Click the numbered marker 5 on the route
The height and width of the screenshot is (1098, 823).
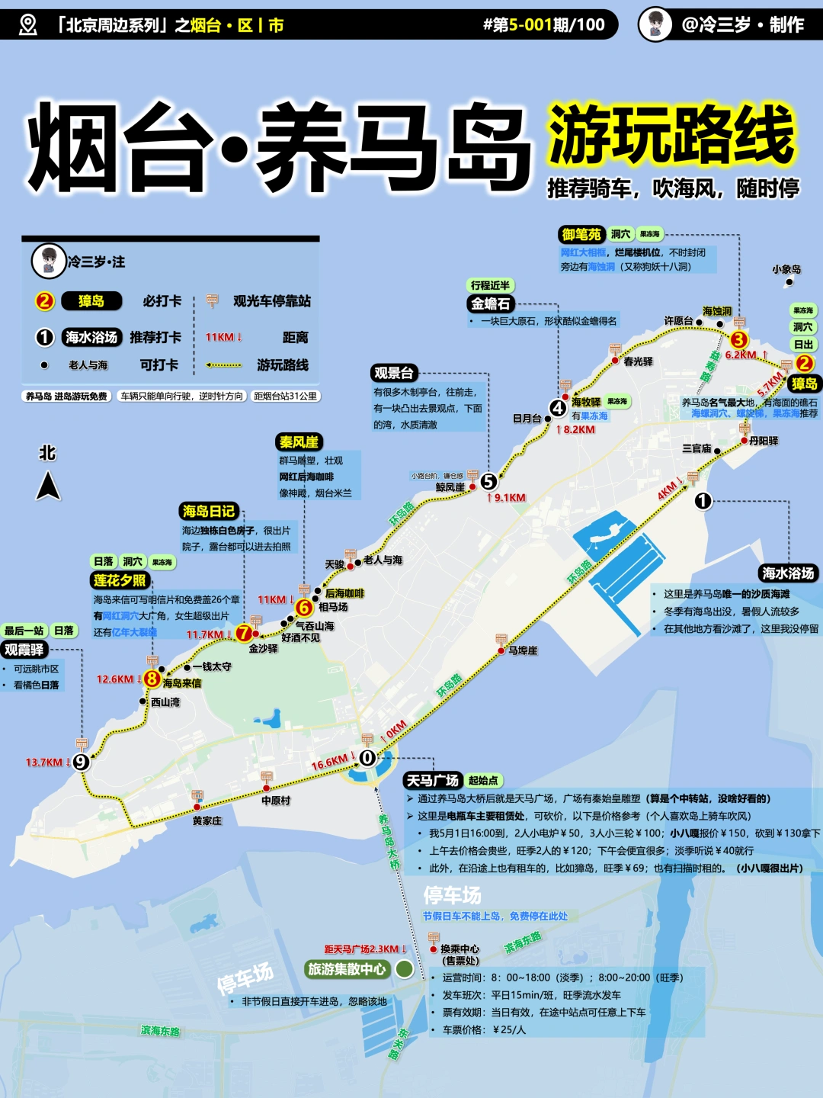[488, 481]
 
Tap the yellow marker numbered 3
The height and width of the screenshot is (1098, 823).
[738, 339]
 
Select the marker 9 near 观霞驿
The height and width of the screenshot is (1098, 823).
[81, 761]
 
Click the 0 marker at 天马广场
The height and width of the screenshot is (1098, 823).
[367, 757]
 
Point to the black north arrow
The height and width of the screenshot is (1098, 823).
[48, 486]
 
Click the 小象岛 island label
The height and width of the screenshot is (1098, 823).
[786, 269]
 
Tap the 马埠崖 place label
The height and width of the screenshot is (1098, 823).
[523, 650]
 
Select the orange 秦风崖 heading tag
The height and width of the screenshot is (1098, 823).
[299, 441]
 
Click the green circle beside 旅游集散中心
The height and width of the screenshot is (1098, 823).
[405, 969]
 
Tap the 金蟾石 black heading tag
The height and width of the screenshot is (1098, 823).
[490, 303]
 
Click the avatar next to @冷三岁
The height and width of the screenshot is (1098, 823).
[655, 24]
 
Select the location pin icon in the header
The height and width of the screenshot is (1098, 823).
[27, 24]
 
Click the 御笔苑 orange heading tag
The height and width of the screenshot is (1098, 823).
[581, 234]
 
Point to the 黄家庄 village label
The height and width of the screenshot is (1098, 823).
[207, 820]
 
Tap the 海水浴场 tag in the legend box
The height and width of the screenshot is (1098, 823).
[91, 337]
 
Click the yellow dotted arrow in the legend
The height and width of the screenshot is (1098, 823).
[224, 365]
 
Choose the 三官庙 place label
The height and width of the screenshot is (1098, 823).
[697, 448]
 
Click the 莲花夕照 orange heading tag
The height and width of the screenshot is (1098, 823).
[120, 580]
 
